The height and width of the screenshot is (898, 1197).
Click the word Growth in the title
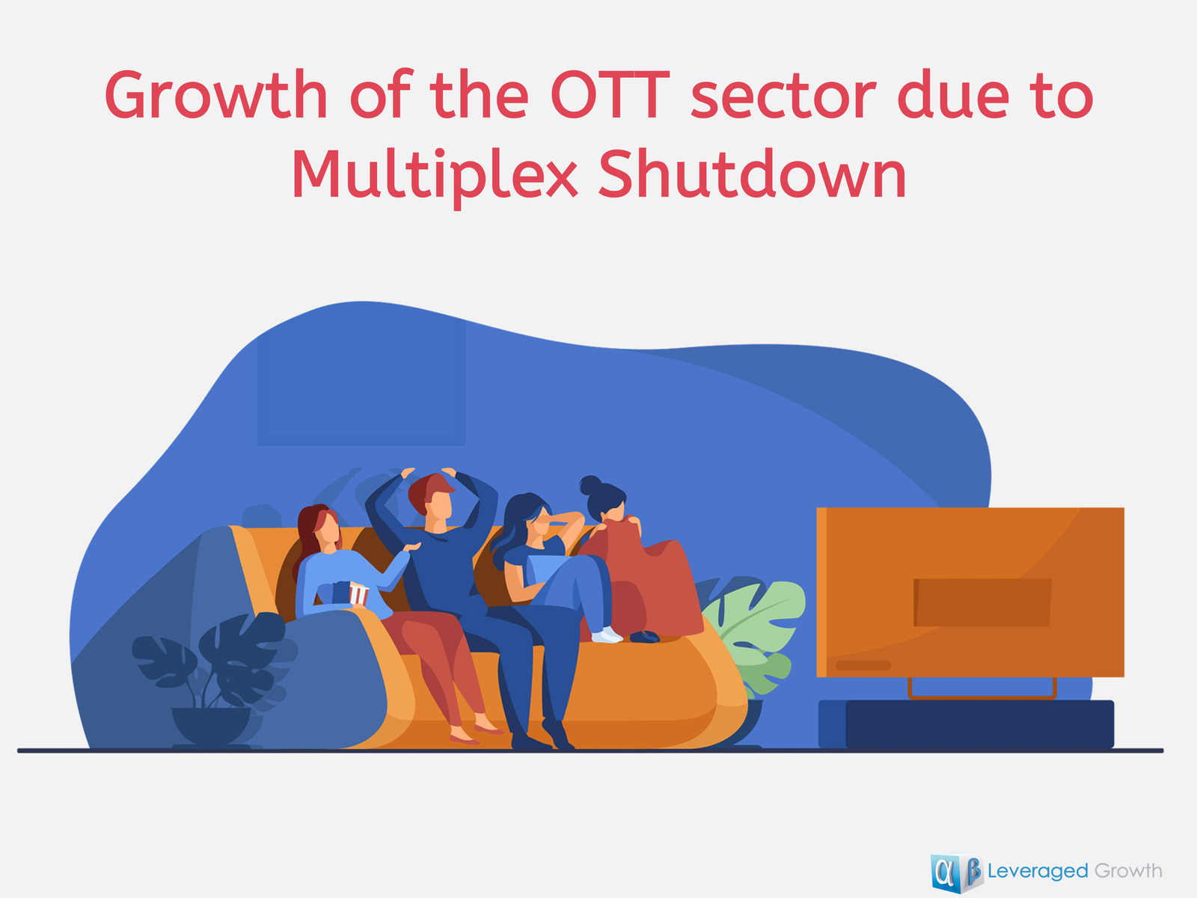click(216, 94)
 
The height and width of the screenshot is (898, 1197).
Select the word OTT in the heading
click(610, 94)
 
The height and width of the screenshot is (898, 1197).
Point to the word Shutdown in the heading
click(753, 174)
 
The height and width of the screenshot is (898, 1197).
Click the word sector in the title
click(783, 97)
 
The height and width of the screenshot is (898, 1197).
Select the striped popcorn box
click(358, 593)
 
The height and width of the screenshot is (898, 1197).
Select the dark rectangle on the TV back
click(982, 602)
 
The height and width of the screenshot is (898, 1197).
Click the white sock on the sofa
click(607, 635)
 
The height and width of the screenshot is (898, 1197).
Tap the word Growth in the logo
click(1127, 871)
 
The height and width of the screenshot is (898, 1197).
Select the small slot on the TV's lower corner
click(863, 666)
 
